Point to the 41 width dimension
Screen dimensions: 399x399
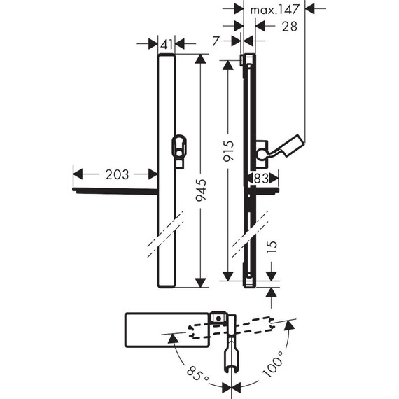pos(167,44)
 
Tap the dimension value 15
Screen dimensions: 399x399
pos(274,246)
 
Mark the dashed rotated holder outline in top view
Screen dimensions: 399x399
pos(252,328)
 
